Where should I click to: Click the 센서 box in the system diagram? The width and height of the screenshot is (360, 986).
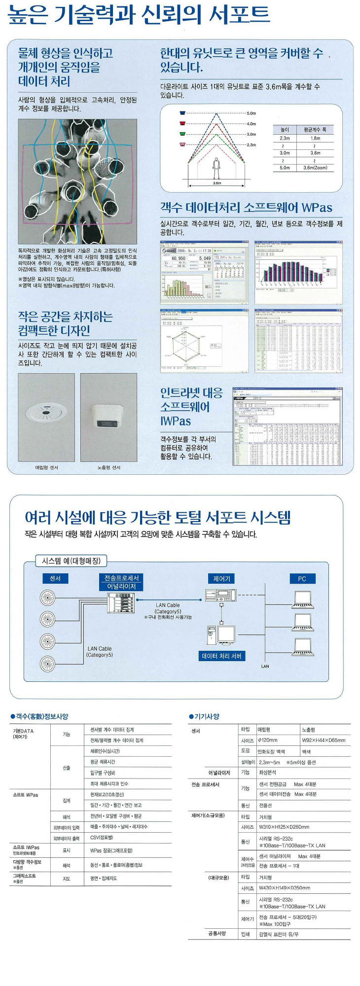click(x=55, y=578)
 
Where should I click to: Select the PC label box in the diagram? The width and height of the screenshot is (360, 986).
click(x=302, y=579)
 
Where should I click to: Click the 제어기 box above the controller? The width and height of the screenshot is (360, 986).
click(x=221, y=579)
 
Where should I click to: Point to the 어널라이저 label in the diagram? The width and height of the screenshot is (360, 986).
click(x=121, y=586)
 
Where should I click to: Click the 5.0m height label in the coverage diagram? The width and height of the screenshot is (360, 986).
click(x=252, y=113)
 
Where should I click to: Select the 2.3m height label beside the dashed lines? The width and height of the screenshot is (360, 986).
click(x=252, y=145)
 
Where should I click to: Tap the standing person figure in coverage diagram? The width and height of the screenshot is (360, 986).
click(x=216, y=168)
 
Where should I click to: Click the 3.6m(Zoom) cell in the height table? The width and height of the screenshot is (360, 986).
click(x=315, y=168)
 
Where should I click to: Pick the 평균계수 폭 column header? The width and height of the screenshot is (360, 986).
click(x=315, y=130)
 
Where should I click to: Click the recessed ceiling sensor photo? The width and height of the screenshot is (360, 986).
click(x=46, y=417)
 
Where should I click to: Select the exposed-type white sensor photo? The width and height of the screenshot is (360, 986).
click(x=108, y=417)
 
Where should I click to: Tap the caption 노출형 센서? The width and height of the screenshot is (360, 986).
click(x=108, y=467)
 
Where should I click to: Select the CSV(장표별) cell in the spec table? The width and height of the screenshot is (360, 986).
click(x=102, y=838)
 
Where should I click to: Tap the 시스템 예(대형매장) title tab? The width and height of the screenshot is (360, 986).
click(x=72, y=561)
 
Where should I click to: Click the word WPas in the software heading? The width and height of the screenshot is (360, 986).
click(x=317, y=208)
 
